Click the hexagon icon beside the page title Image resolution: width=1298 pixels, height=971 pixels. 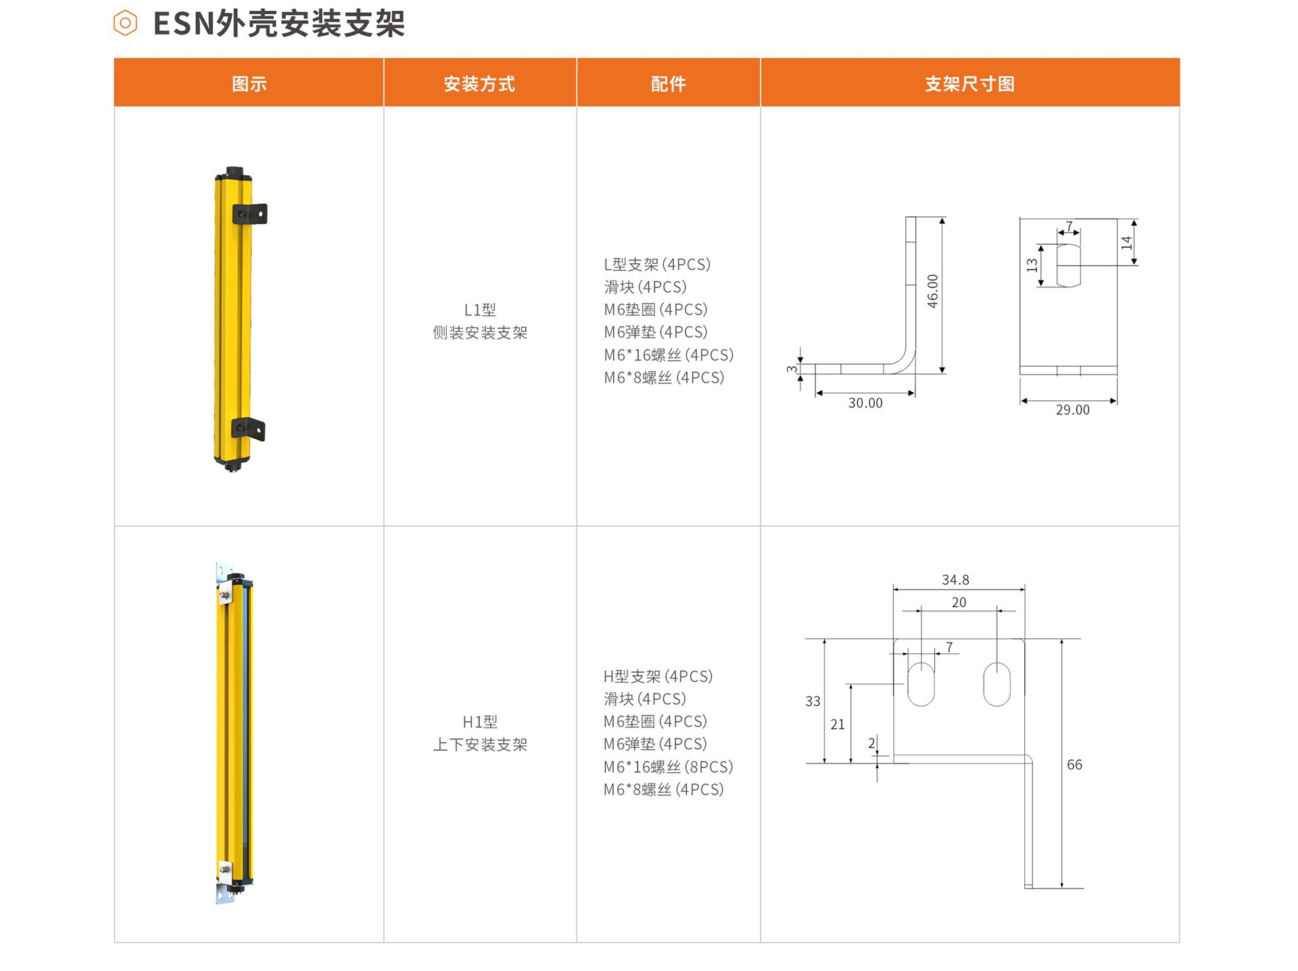tap(125, 24)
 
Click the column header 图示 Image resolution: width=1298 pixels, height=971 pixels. tap(249, 84)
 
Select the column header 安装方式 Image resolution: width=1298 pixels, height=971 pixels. tap(479, 84)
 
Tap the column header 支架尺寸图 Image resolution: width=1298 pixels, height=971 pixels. tap(969, 84)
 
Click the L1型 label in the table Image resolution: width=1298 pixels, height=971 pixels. tap(480, 310)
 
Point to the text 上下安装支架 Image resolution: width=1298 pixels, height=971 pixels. tap(480, 744)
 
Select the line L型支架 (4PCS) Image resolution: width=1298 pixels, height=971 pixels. tap(657, 264)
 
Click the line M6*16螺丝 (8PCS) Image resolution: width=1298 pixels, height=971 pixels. tap(668, 767)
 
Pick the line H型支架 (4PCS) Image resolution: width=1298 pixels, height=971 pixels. tap(658, 676)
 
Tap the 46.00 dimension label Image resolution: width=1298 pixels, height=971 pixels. tap(933, 291)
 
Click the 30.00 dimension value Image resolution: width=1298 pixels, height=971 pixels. tap(865, 403)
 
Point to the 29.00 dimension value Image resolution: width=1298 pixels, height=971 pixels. tap(1073, 410)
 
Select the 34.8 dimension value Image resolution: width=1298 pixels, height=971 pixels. tap(955, 580)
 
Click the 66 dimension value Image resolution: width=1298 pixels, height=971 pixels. tap(1074, 765)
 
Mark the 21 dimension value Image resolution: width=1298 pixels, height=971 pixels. tap(838, 725)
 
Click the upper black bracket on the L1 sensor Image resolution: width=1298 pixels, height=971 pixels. tap(249, 214)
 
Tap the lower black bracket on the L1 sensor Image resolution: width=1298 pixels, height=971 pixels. tap(248, 429)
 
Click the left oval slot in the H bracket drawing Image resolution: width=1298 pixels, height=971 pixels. tap(921, 684)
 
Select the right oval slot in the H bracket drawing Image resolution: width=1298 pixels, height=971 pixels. tap(997, 684)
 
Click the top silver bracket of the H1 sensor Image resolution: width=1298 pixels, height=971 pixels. tap(224, 583)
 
